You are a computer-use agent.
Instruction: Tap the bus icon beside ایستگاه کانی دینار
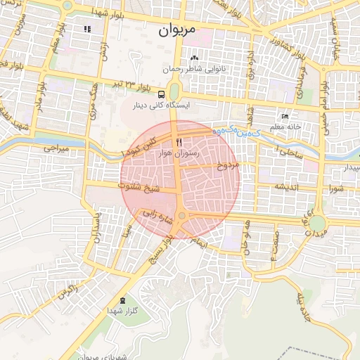[x=162, y=94]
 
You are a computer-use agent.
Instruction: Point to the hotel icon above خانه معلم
[x=284, y=116]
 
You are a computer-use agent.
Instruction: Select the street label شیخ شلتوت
[x=142, y=188]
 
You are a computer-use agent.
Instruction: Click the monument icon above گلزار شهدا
[x=124, y=300]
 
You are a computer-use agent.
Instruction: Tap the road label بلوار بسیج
[x=162, y=247]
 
